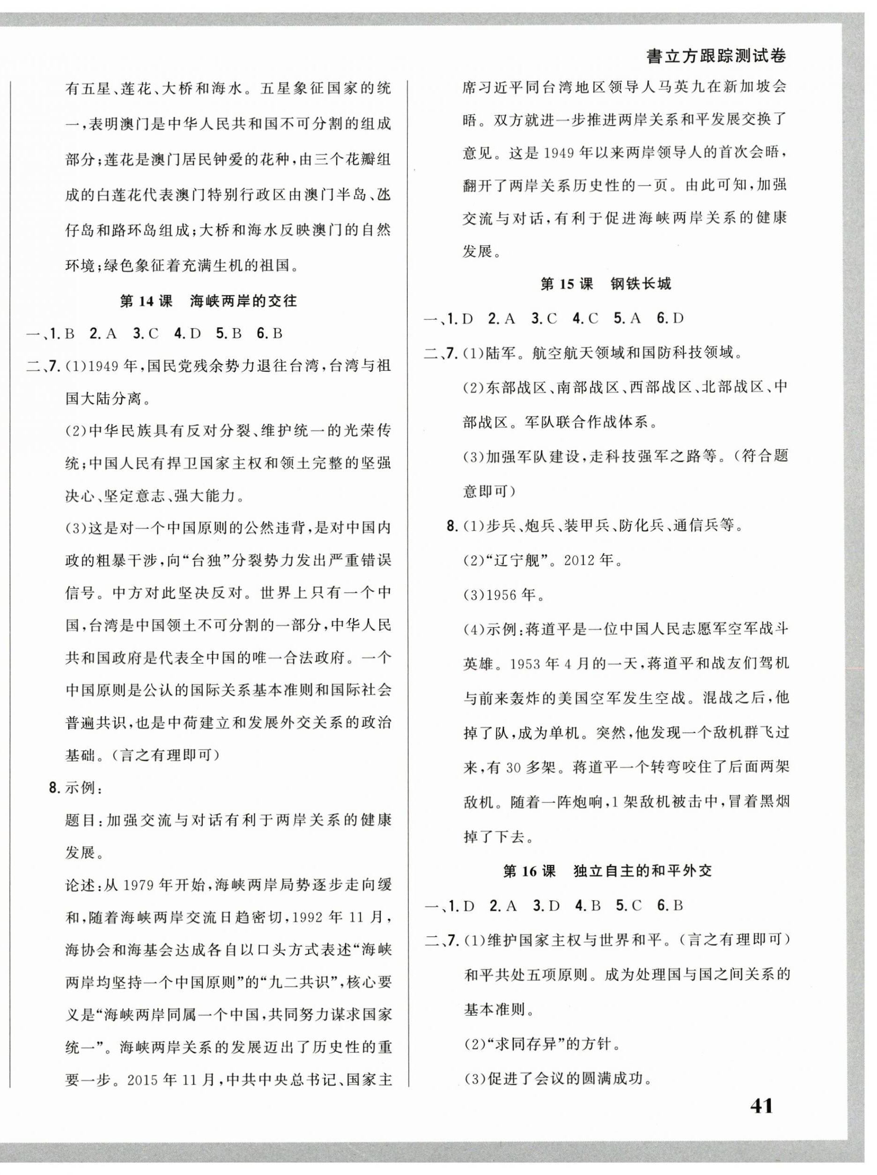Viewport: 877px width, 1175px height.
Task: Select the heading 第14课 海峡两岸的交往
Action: tap(209, 301)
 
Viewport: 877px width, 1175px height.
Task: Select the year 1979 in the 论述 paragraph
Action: tap(140, 885)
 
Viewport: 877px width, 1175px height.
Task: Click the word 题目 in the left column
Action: tap(81, 820)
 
